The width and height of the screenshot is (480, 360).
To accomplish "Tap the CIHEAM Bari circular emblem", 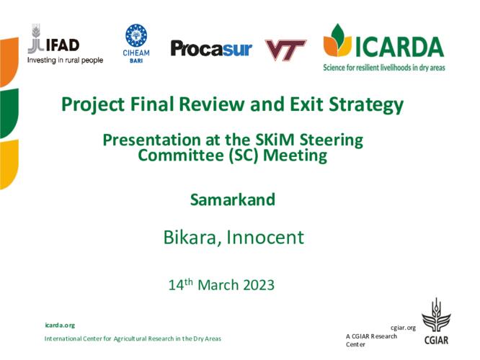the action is [x=136, y=35].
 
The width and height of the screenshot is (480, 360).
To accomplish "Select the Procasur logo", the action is [x=211, y=49].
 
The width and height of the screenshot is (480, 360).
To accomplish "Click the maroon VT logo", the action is [x=285, y=50].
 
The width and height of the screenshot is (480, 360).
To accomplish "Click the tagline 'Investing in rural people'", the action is [x=65, y=60].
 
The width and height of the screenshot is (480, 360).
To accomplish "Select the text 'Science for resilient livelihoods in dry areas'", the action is [x=384, y=67].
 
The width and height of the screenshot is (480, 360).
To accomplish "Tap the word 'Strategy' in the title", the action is [x=366, y=105].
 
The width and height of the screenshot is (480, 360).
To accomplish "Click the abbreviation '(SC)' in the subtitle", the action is [x=244, y=156].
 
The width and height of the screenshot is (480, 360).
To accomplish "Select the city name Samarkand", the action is [x=233, y=199].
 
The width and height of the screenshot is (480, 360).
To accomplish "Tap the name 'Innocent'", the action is [x=265, y=238].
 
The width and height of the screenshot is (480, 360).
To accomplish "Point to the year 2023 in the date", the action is [x=259, y=285].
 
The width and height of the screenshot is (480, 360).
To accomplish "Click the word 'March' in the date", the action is [x=218, y=285].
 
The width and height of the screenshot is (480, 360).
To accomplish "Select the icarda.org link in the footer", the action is [x=60, y=325].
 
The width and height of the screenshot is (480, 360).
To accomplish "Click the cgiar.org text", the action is [x=403, y=328].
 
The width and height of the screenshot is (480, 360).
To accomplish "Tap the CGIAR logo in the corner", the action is [x=436, y=321].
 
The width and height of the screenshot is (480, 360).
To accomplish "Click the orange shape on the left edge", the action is [x=9, y=61].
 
